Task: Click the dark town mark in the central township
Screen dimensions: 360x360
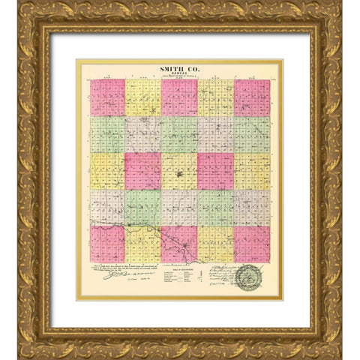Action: (179, 177)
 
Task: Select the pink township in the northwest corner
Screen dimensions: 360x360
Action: (107, 97)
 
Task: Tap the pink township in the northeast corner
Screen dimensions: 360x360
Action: (252, 97)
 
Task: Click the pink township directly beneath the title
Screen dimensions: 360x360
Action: (179, 97)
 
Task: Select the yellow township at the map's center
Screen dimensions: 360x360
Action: (179, 171)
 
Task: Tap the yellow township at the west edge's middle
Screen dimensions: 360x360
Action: (107, 171)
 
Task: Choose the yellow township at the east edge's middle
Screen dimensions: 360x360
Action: (252, 171)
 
